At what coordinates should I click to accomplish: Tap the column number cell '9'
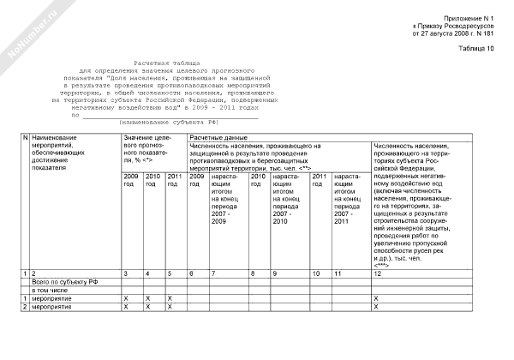click(x=275, y=273)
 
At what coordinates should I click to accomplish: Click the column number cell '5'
click(x=170, y=273)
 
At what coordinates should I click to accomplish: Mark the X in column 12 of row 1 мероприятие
click(x=377, y=298)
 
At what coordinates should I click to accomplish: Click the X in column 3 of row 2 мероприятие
click(x=126, y=307)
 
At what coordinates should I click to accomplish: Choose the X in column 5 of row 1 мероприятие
click(x=170, y=298)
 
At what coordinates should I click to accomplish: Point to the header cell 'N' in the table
click(x=25, y=137)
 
